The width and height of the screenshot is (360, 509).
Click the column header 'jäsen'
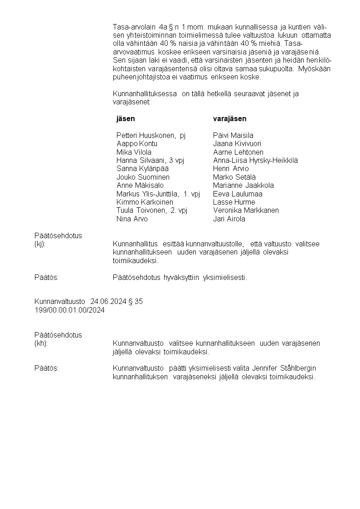tap(126, 119)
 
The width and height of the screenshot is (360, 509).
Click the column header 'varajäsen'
tap(230, 119)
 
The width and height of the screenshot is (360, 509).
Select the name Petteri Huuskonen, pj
tap(151, 136)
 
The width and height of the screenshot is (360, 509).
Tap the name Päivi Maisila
tap(233, 136)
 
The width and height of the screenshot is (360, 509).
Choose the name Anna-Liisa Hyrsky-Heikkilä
tap(255, 161)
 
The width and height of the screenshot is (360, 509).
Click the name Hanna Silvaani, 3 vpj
tap(150, 161)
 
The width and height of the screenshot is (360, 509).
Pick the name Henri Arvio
tap(231, 169)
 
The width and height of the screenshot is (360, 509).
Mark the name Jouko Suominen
tap(143, 177)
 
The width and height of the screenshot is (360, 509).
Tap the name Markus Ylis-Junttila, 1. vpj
tap(158, 194)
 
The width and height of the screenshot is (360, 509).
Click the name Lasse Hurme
tap(234, 202)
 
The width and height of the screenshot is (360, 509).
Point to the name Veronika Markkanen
tap(246, 210)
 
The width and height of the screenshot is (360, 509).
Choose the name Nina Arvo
tap(132, 219)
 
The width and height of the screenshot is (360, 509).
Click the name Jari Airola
tap(229, 219)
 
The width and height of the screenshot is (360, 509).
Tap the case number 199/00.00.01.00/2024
tap(70, 310)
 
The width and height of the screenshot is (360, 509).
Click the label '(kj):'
tap(40, 245)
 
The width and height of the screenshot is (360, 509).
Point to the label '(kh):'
tap(41, 343)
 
